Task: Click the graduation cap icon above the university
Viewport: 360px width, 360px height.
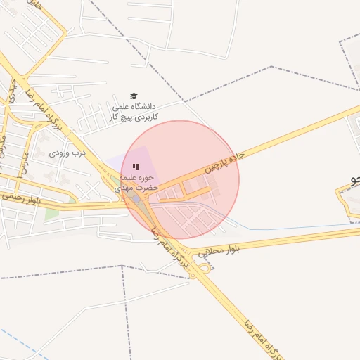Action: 134,96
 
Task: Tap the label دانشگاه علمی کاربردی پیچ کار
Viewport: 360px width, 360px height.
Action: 134,111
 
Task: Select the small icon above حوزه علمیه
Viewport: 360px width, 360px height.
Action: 136,167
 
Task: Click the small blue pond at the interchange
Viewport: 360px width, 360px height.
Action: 135,200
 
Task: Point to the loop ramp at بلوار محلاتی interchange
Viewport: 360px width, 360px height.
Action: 205,266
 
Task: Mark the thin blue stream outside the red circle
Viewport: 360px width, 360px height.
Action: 295,228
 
